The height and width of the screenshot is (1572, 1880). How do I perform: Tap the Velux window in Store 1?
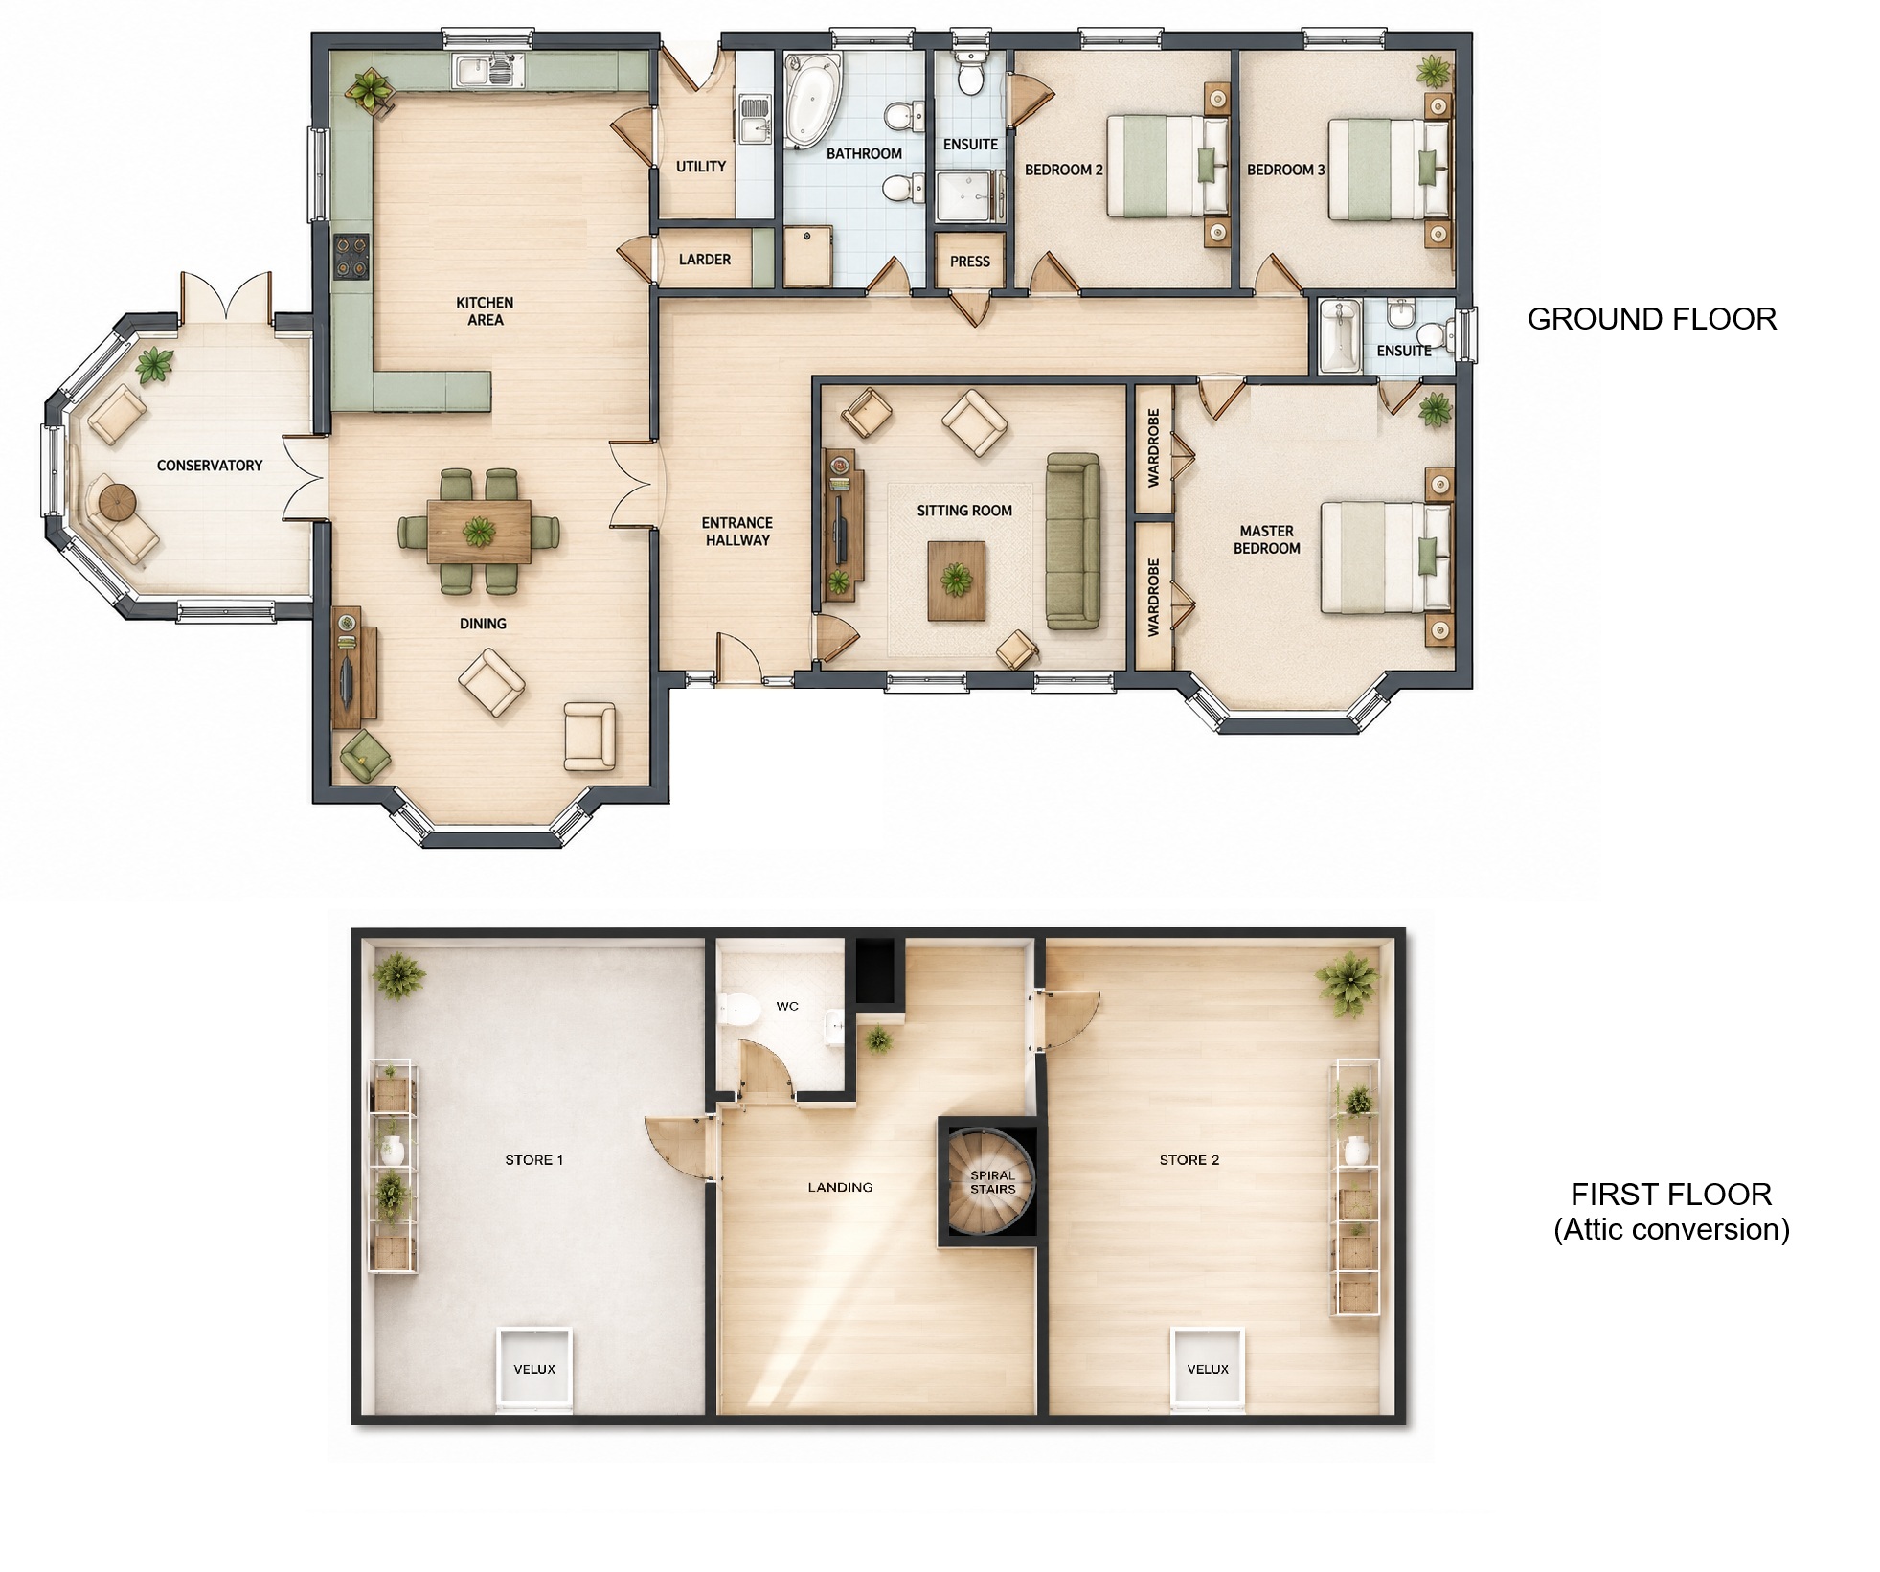pos(533,1369)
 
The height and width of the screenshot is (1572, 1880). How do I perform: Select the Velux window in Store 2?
pos(1208,1369)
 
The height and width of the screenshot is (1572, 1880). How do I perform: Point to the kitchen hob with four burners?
pos(351,258)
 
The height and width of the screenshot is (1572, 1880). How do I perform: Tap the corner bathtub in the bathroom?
pos(810,101)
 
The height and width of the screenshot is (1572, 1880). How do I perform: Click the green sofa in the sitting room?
pos(1072,541)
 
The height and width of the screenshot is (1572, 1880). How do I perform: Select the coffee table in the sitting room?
pos(956,581)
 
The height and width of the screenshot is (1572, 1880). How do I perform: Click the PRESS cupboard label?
pos(969,262)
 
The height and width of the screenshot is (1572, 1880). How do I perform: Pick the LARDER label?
pos(704,260)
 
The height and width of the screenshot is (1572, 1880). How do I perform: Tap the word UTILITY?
pos(700,167)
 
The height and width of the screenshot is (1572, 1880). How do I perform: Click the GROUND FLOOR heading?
pos(1651,319)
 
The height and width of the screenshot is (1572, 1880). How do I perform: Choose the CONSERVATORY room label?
pos(209,466)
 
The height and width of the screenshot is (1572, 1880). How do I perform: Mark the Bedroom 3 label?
pos(1285,170)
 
